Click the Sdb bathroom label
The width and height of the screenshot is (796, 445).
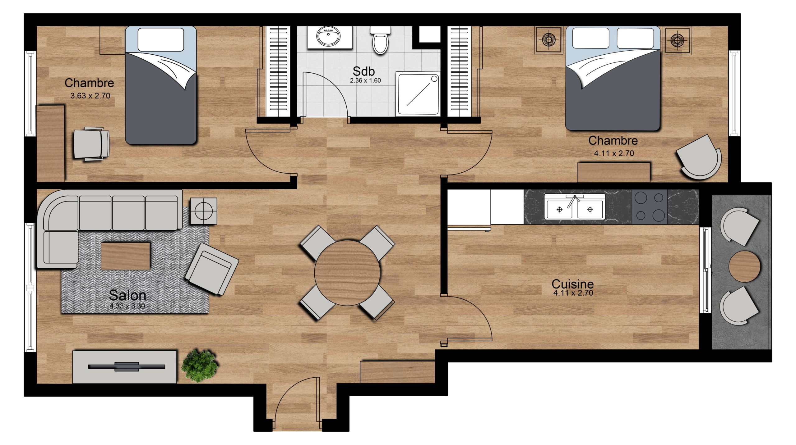pyautogui.click(x=363, y=71)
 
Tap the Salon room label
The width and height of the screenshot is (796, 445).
pyautogui.click(x=127, y=295)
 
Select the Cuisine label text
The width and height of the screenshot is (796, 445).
pyautogui.click(x=572, y=284)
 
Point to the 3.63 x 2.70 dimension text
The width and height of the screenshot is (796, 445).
pyautogui.click(x=90, y=96)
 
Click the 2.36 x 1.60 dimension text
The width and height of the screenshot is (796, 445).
pyautogui.click(x=365, y=80)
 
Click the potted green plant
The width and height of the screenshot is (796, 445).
pyautogui.click(x=199, y=365)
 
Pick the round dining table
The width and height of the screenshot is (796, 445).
pyautogui.click(x=347, y=273)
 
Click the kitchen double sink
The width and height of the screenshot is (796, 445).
pyautogui.click(x=575, y=207)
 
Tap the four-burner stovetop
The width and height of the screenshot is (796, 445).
pyautogui.click(x=650, y=207)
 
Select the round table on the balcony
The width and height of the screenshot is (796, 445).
pyautogui.click(x=745, y=266)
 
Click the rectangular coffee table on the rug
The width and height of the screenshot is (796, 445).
pyautogui.click(x=126, y=256)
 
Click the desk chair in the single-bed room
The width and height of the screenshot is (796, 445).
pyautogui.click(x=91, y=144)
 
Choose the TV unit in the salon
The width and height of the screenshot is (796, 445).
pyautogui.click(x=125, y=367)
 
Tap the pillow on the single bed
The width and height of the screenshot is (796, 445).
pyautogui.click(x=161, y=40)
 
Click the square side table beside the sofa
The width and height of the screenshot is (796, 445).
pyautogui.click(x=204, y=211)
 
